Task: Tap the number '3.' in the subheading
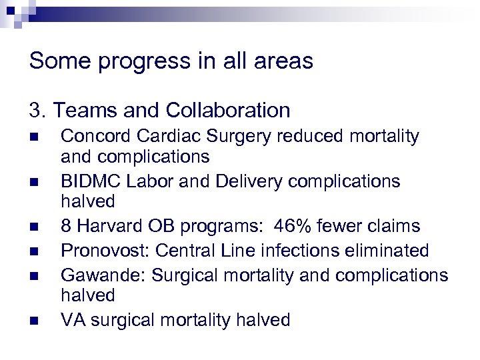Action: (37, 110)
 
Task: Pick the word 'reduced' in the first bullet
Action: (309, 137)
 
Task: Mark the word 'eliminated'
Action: (386, 251)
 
